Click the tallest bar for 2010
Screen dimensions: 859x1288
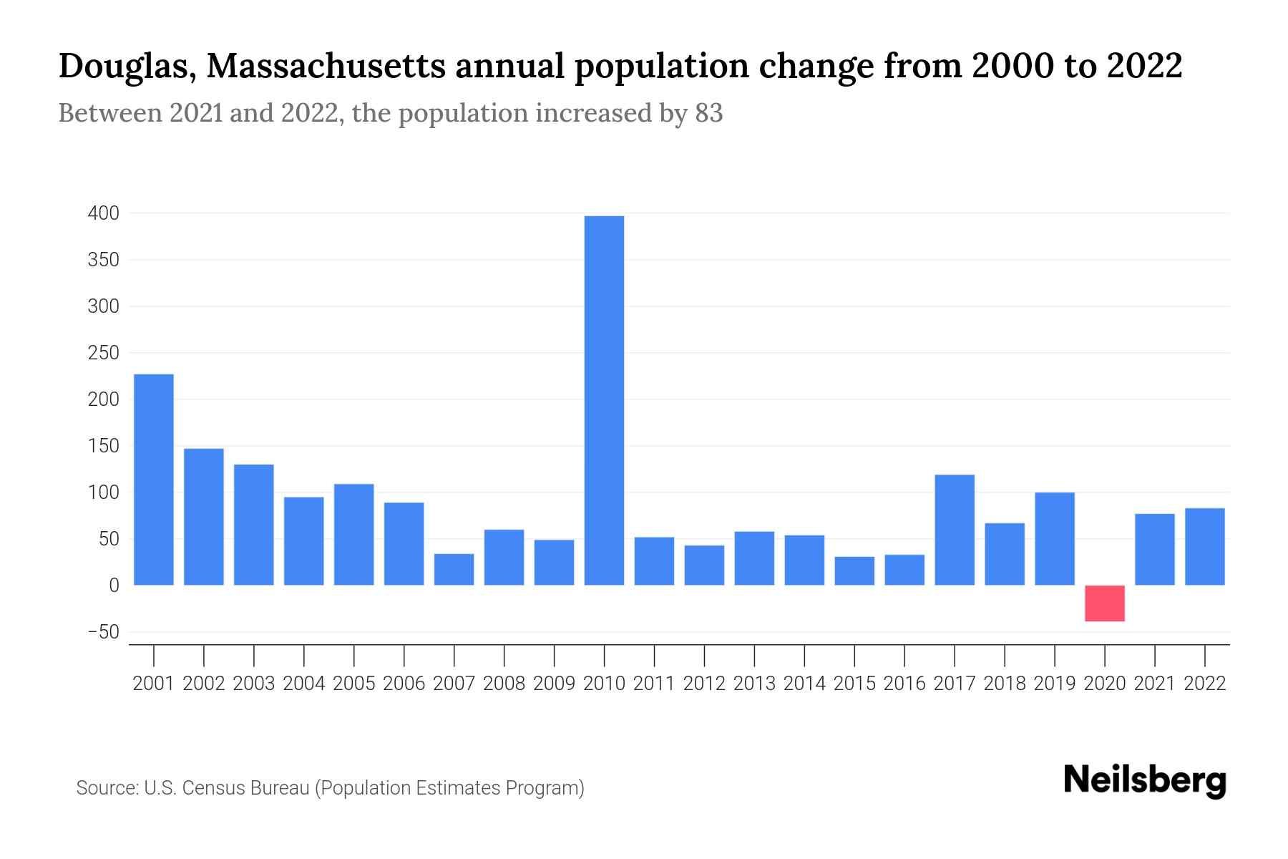[x=604, y=401]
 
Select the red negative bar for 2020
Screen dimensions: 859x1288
[x=1104, y=603]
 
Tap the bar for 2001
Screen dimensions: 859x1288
[x=154, y=480]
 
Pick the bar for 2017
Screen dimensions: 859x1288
[x=955, y=530]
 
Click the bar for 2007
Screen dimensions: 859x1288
[x=454, y=570]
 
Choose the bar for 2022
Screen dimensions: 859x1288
[x=1204, y=547]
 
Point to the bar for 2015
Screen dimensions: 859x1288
[x=854, y=571]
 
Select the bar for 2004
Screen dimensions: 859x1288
[x=303, y=541]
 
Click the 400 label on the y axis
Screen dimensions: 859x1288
[x=103, y=213]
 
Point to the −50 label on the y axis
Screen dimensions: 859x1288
[x=103, y=632]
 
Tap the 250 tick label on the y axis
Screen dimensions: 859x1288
[x=103, y=353]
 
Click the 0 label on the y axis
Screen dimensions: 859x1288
[x=114, y=586]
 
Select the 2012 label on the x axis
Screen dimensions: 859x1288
[x=704, y=684]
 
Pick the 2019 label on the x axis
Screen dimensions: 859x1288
[x=1055, y=684]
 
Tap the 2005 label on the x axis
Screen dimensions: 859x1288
[x=353, y=684]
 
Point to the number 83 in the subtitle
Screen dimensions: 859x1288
[x=708, y=113]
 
